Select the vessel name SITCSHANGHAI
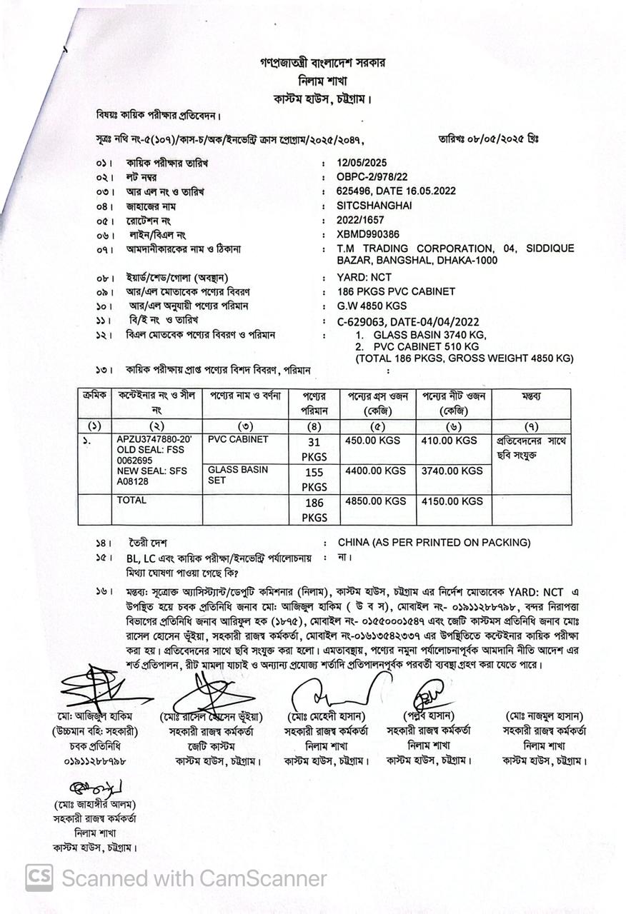[x=374, y=206]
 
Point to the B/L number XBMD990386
[x=368, y=234]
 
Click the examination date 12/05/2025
[x=362, y=163]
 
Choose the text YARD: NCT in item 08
[x=364, y=277]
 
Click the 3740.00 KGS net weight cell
[x=452, y=471]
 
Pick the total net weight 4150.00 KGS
[x=452, y=501]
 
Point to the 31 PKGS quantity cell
[x=314, y=449]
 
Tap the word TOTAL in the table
[x=131, y=501]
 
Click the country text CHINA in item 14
[x=356, y=543]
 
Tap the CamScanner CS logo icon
[x=39, y=878]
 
